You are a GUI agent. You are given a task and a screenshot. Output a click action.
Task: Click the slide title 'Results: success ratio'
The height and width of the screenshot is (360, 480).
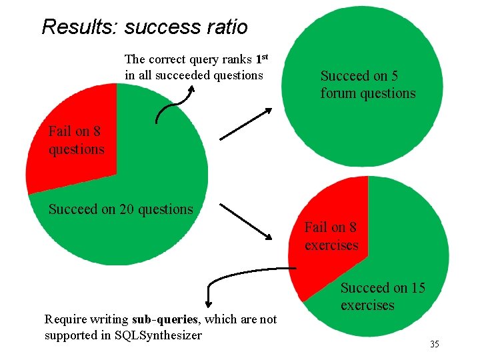pyautogui.click(x=144, y=27)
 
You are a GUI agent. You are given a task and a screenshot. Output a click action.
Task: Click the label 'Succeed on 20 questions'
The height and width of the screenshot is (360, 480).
pyautogui.click(x=121, y=209)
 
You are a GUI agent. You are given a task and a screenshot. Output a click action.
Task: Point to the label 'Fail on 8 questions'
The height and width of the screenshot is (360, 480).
pyautogui.click(x=76, y=140)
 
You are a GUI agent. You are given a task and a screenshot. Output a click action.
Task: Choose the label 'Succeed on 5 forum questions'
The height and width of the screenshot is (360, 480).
pyautogui.click(x=367, y=85)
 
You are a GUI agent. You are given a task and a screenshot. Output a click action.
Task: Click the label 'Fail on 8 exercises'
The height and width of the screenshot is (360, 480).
pyautogui.click(x=331, y=236)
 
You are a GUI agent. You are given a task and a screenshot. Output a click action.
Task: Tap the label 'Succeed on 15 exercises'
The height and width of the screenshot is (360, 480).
pyautogui.click(x=383, y=297)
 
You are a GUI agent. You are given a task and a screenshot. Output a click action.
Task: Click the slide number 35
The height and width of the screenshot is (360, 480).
pyautogui.click(x=434, y=344)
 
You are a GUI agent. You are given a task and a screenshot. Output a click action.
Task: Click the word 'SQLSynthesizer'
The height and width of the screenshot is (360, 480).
pyautogui.click(x=159, y=335)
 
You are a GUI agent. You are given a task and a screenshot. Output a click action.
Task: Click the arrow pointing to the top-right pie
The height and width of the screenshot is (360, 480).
pyautogui.click(x=245, y=124)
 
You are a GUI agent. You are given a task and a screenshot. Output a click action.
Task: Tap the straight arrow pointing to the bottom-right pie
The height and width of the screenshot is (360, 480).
pyautogui.click(x=245, y=221)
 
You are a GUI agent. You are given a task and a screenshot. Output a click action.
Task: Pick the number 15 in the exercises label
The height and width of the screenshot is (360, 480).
pyautogui.click(x=417, y=288)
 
